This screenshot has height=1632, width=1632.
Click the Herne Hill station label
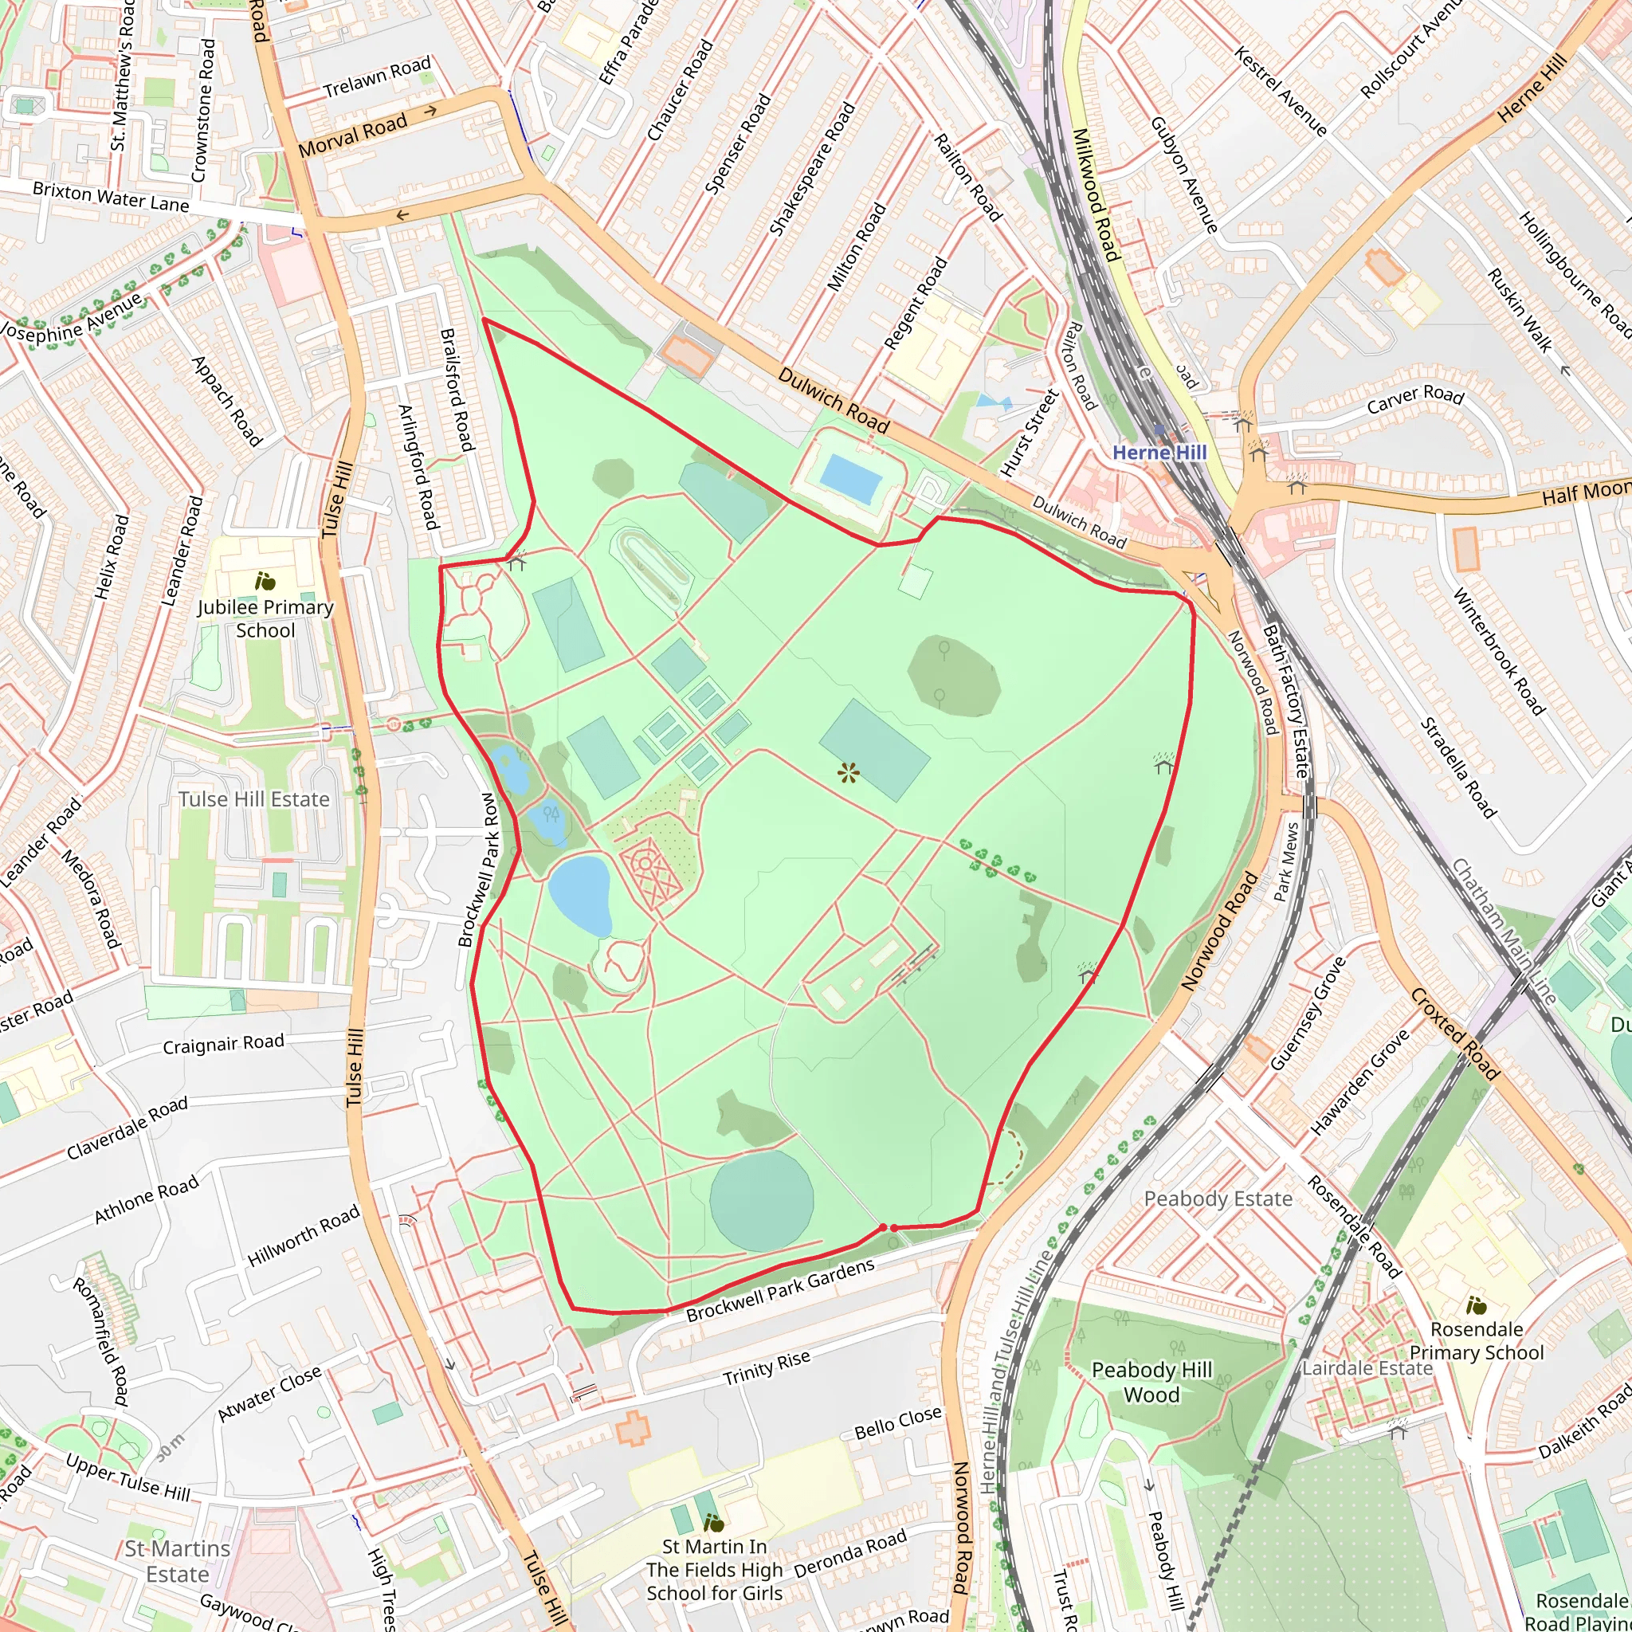1159,453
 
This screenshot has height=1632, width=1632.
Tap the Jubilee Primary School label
265,618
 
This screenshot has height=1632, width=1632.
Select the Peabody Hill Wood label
1151,1382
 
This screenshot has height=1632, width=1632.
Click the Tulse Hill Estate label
253,799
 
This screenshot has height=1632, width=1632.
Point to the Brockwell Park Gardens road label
779,1291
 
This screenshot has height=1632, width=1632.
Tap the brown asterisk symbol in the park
848,772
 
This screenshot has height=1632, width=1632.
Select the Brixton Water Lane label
111,198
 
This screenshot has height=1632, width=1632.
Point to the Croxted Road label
1454,1034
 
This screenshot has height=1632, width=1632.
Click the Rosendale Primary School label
1477,1340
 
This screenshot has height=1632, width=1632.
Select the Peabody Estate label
1218,1198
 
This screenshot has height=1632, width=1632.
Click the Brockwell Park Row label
478,869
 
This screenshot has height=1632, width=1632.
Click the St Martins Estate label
177,1561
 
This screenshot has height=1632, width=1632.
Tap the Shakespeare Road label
812,168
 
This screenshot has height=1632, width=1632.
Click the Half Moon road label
1585,492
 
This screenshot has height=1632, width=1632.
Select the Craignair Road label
223,1045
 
